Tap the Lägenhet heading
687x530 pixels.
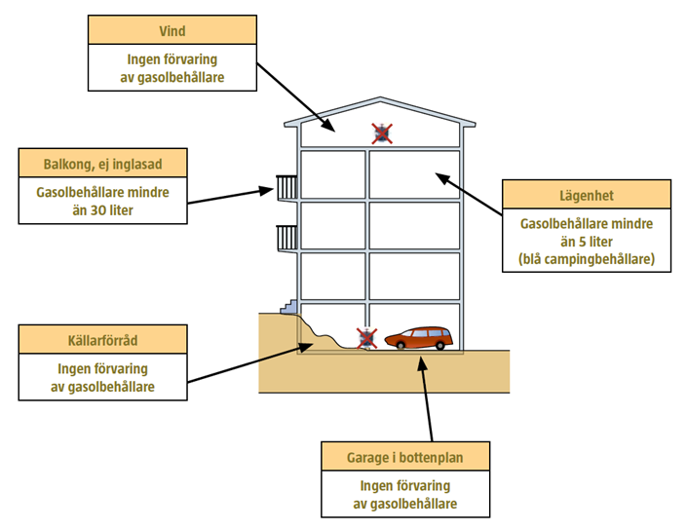point(586,195)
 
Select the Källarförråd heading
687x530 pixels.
point(102,339)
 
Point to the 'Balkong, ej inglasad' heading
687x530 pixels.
point(102,163)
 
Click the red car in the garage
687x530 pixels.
point(419,338)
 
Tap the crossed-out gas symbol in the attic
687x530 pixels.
point(382,133)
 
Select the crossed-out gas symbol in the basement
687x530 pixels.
point(366,338)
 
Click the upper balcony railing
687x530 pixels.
point(286,186)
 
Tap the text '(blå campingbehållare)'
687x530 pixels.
point(586,258)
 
